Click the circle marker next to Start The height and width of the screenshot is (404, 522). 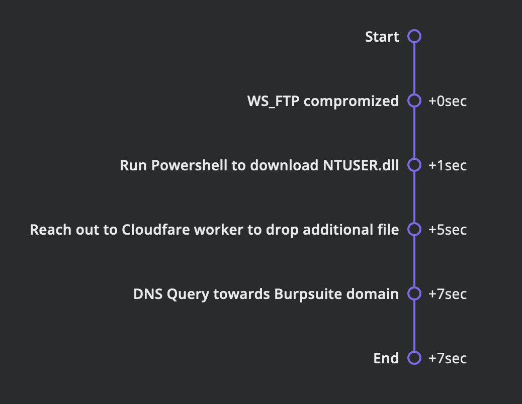[414, 37]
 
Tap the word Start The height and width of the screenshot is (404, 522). [382, 37]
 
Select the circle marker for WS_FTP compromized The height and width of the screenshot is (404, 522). [414, 101]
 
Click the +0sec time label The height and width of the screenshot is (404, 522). [447, 101]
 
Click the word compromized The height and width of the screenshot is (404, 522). [351, 101]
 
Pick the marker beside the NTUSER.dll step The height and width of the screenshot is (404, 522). [414, 165]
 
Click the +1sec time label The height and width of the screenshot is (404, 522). [447, 165]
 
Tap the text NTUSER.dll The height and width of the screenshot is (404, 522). [361, 165]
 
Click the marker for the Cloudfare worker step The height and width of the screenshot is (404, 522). [414, 230]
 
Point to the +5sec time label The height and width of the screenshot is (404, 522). [447, 230]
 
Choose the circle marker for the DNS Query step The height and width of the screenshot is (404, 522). [414, 294]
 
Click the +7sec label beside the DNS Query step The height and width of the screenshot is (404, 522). [447, 294]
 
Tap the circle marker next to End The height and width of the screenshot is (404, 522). [414, 358]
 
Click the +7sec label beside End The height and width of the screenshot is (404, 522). [447, 358]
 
